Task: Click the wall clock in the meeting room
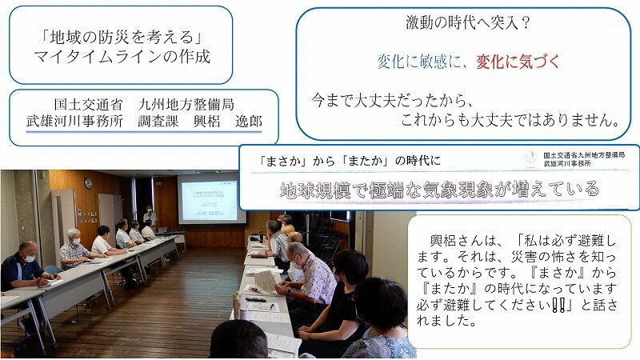point(88,183)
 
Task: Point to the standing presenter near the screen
point(150,216)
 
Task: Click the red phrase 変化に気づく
point(518,62)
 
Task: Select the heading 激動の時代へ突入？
point(468,22)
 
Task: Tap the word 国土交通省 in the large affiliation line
point(89,105)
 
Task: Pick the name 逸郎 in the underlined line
point(249,122)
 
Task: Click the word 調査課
point(158,122)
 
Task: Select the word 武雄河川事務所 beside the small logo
point(567,163)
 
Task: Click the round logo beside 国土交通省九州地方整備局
point(530,158)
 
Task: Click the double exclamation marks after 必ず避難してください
point(557,305)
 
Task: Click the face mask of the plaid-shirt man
point(76,242)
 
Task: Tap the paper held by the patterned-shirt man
point(266,282)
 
